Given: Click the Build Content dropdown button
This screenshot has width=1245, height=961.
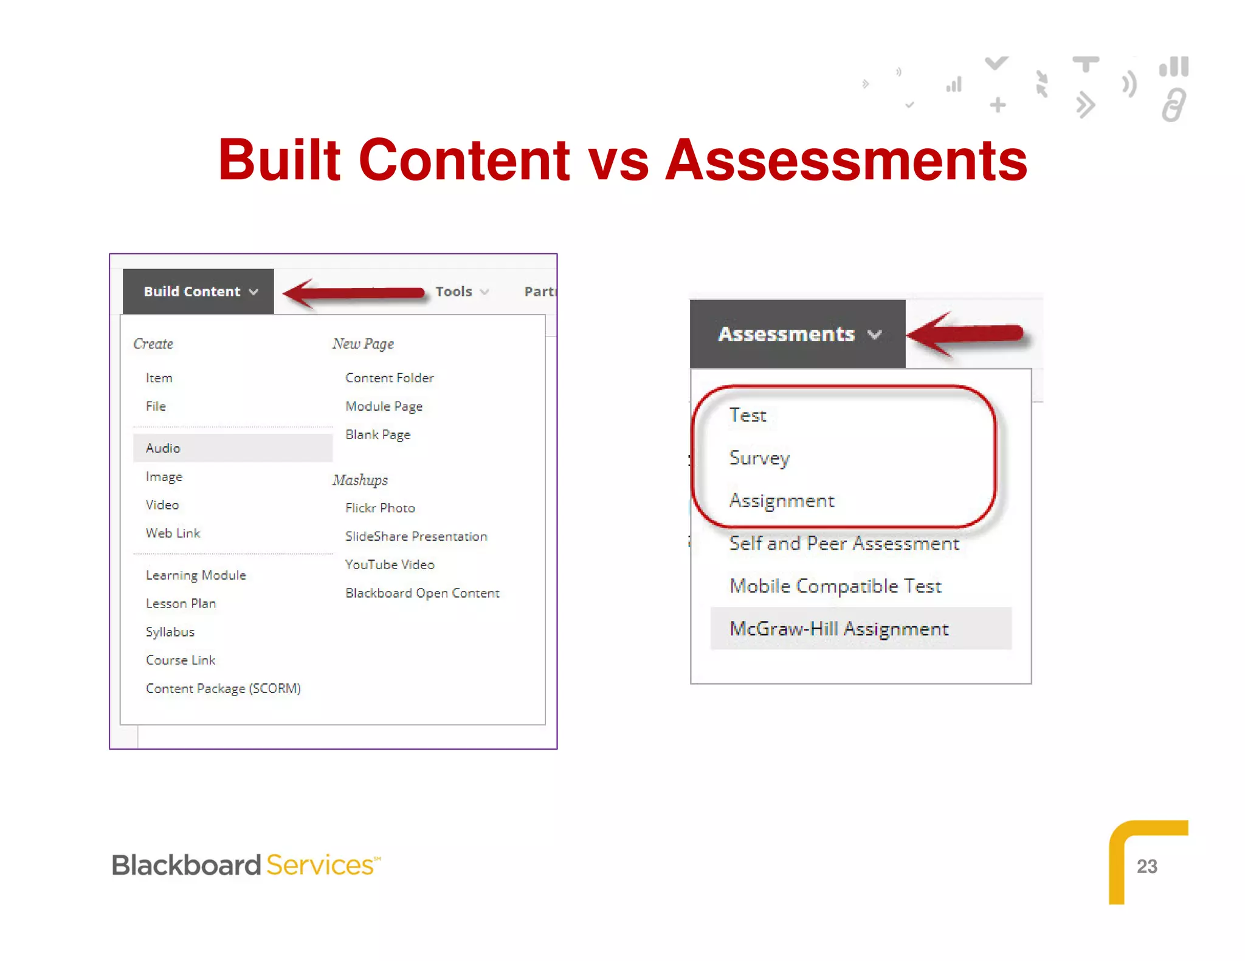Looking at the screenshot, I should click(199, 292).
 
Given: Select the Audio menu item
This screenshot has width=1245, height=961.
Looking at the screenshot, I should click(163, 448).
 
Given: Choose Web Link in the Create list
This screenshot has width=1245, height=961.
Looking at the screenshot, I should click(173, 533).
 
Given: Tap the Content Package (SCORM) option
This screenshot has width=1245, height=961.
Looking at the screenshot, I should click(223, 688).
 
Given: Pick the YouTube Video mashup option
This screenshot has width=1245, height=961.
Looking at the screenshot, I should click(390, 565).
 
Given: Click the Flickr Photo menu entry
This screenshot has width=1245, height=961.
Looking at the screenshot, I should click(380, 508).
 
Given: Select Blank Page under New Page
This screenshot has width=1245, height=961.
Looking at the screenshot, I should click(378, 435).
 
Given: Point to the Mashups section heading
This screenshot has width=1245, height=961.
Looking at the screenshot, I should click(360, 480).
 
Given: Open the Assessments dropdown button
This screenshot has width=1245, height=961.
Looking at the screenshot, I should click(797, 334).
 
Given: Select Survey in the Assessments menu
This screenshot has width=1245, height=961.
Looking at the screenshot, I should click(759, 458).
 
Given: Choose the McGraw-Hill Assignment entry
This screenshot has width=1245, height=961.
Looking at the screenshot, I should click(839, 629).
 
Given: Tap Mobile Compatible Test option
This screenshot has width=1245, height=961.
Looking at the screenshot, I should click(835, 586).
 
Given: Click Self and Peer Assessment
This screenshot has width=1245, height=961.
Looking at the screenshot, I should click(844, 544).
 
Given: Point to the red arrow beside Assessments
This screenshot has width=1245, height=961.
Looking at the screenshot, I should click(967, 334).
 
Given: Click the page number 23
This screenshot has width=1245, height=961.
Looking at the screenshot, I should click(1147, 866).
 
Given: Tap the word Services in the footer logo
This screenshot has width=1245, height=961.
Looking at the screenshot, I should click(320, 865).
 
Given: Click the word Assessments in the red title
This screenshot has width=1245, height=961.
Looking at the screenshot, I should click(846, 160).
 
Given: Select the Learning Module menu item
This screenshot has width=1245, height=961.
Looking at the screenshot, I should click(196, 575).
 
